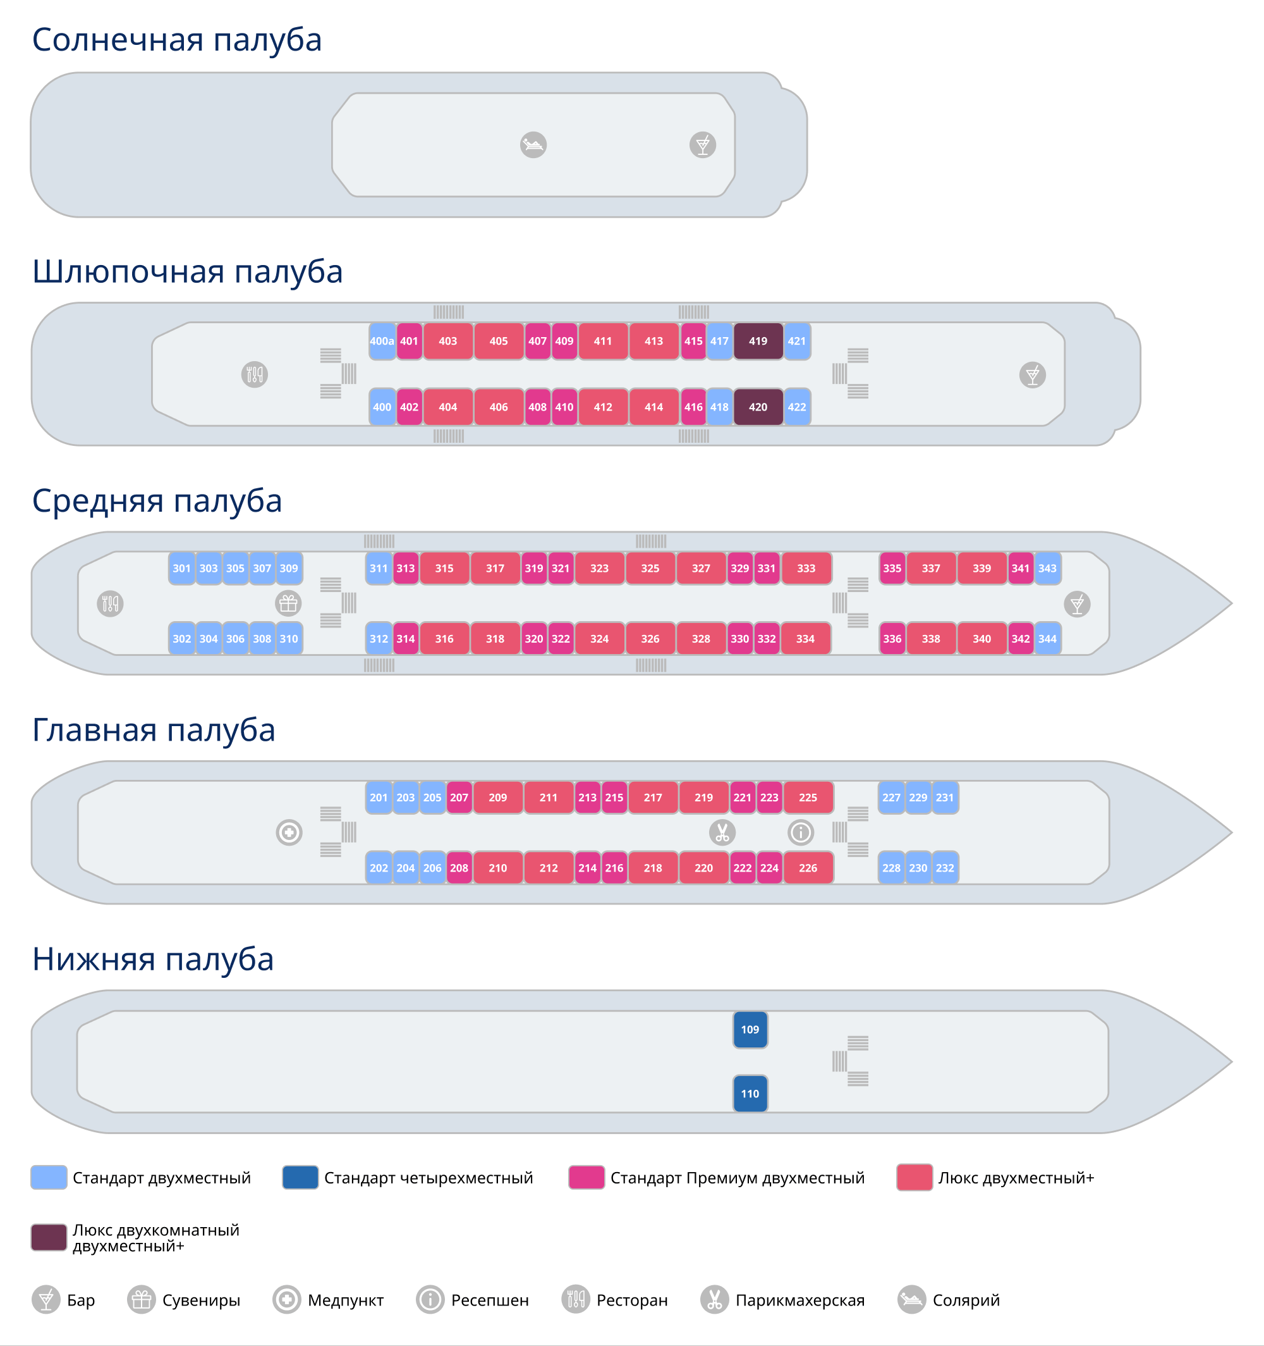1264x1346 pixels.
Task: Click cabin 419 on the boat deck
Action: pos(758,341)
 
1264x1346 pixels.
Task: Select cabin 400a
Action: pos(382,341)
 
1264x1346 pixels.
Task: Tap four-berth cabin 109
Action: pos(750,1029)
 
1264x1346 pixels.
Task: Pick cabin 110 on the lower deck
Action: pos(750,1094)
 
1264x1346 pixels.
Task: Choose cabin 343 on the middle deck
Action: pos(1047,569)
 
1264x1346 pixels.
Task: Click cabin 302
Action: pos(181,638)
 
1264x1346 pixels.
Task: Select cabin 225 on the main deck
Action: pos(808,798)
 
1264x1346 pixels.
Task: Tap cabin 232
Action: pos(945,868)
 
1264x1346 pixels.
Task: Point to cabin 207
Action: pos(459,798)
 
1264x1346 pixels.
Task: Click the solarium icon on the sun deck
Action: pos(533,145)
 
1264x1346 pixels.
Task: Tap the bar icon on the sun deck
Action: pos(702,145)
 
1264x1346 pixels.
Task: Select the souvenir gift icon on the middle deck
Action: pos(288,603)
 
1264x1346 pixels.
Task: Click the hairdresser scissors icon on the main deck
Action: pos(722,832)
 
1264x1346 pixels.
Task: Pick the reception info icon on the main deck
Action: pos(801,832)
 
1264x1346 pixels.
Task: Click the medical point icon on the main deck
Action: pos(289,832)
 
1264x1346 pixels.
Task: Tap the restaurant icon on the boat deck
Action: pos(255,374)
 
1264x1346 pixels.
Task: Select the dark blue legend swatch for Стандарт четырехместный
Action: pos(300,1177)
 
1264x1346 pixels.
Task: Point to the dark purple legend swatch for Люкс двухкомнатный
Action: pos(49,1237)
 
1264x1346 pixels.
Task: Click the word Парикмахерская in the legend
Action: pos(800,1300)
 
